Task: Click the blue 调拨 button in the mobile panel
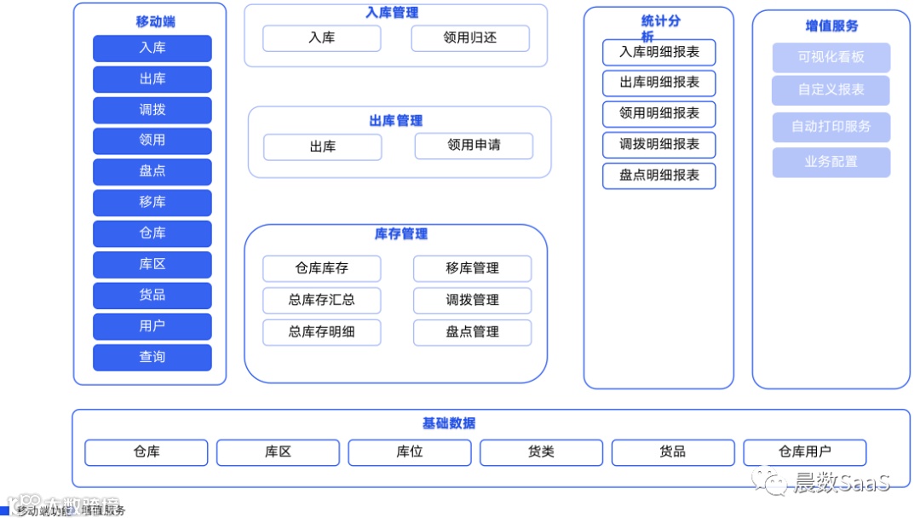pyautogui.click(x=152, y=110)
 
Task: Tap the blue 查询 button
pyautogui.click(x=152, y=357)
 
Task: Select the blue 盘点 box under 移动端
pyautogui.click(x=152, y=171)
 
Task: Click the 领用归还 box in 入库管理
pyautogui.click(x=470, y=37)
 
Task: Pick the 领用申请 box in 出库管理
pyautogui.click(x=474, y=146)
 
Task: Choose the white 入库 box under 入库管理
pyautogui.click(x=321, y=37)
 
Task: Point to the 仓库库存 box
pyautogui.click(x=321, y=268)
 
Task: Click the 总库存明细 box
pyautogui.click(x=321, y=332)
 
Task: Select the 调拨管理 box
pyautogui.click(x=472, y=300)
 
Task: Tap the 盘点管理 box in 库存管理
pyautogui.click(x=472, y=332)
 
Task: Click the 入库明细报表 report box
pyautogui.click(x=658, y=52)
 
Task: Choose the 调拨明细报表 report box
pyautogui.click(x=658, y=145)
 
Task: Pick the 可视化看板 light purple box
pyautogui.click(x=831, y=57)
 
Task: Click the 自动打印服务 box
pyautogui.click(x=831, y=127)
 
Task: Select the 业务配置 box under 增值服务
pyautogui.click(x=831, y=162)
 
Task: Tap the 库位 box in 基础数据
pyautogui.click(x=409, y=452)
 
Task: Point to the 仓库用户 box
pyautogui.click(x=804, y=452)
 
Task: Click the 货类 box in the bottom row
pyautogui.click(x=541, y=452)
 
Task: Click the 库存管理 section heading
pyautogui.click(x=400, y=234)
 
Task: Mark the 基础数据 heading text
pyautogui.click(x=449, y=423)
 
